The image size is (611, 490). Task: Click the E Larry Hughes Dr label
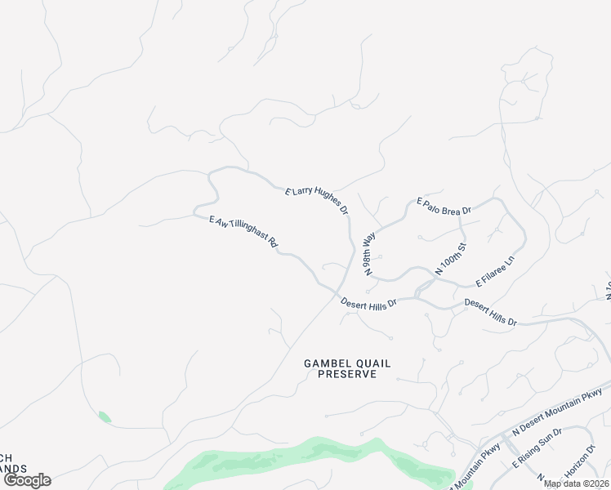click(x=317, y=201)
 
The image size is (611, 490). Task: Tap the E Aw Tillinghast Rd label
click(x=244, y=232)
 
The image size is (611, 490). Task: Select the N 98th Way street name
click(x=369, y=252)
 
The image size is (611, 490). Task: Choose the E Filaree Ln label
click(x=495, y=273)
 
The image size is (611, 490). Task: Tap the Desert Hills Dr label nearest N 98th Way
click(x=368, y=302)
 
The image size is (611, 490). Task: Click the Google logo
click(x=27, y=480)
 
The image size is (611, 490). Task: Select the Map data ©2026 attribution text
click(x=576, y=483)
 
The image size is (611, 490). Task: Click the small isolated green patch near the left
click(x=105, y=416)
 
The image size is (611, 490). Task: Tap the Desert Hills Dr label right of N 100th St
click(x=490, y=313)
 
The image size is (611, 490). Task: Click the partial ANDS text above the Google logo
click(x=13, y=469)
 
